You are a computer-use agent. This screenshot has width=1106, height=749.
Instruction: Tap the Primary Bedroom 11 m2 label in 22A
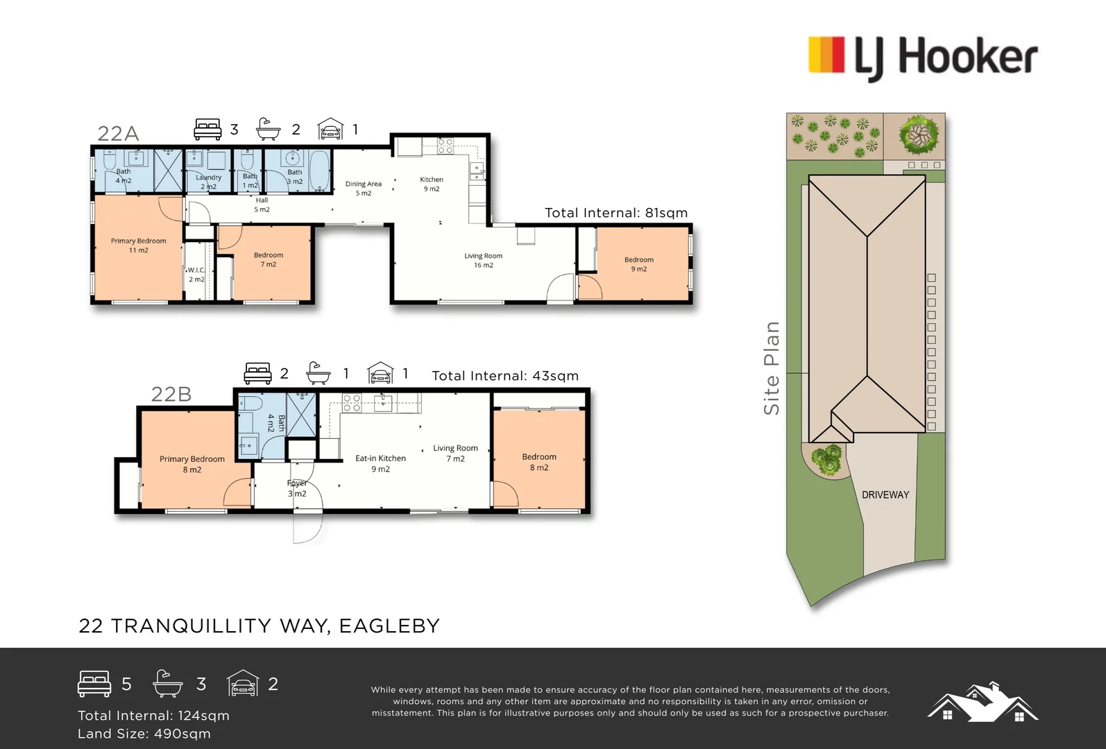click(138, 246)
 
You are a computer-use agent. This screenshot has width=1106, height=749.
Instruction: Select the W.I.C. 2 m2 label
click(196, 275)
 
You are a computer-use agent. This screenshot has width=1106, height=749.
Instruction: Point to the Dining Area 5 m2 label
click(364, 188)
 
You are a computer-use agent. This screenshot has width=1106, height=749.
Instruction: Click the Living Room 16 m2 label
click(483, 260)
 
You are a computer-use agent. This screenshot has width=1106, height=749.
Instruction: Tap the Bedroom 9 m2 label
click(638, 264)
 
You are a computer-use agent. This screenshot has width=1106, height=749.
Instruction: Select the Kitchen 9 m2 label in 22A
click(431, 184)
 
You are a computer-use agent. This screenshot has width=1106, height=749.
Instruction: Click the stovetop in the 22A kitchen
click(445, 146)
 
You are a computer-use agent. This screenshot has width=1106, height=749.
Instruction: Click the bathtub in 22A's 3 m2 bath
click(319, 171)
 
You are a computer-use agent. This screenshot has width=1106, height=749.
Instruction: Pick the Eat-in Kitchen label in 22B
click(380, 463)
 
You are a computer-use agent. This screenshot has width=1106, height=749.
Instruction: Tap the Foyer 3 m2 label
click(297, 488)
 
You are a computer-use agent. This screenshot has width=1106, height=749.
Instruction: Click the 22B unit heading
click(171, 394)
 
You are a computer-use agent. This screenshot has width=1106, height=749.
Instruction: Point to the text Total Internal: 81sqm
click(616, 213)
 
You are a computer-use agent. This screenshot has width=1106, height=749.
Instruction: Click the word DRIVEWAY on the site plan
click(885, 494)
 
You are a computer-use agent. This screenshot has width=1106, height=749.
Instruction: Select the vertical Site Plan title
click(772, 368)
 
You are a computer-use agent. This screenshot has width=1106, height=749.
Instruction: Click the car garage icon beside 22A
click(330, 129)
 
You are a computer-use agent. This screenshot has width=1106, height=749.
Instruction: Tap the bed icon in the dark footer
click(94, 684)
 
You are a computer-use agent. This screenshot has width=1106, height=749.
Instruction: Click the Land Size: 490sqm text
click(144, 734)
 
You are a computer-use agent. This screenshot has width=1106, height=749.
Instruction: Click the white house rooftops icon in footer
click(982, 702)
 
